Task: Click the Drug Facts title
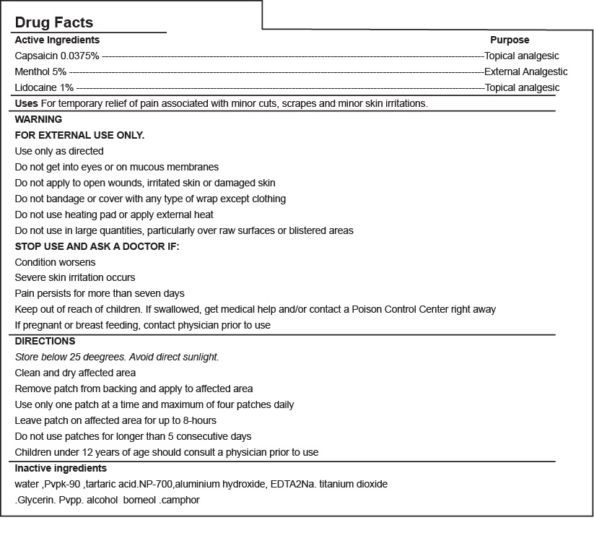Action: pos(54,23)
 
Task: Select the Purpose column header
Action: pos(510,40)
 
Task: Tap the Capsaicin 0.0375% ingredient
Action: pos(57,56)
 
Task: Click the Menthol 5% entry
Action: pos(40,71)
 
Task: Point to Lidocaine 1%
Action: pos(44,87)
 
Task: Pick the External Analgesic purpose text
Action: pos(526,71)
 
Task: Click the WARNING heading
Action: pos(38,119)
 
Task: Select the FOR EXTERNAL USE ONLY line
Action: pos(79,135)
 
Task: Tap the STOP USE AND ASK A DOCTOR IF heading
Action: pos(97,246)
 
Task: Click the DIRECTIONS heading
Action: pos(45,341)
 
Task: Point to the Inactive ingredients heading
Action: pos(61,468)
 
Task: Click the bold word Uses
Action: pos(27,103)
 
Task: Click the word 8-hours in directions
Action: pos(199,420)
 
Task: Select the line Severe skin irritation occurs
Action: pos(75,277)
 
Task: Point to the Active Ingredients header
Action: pos(57,40)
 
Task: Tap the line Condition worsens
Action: pos(55,262)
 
